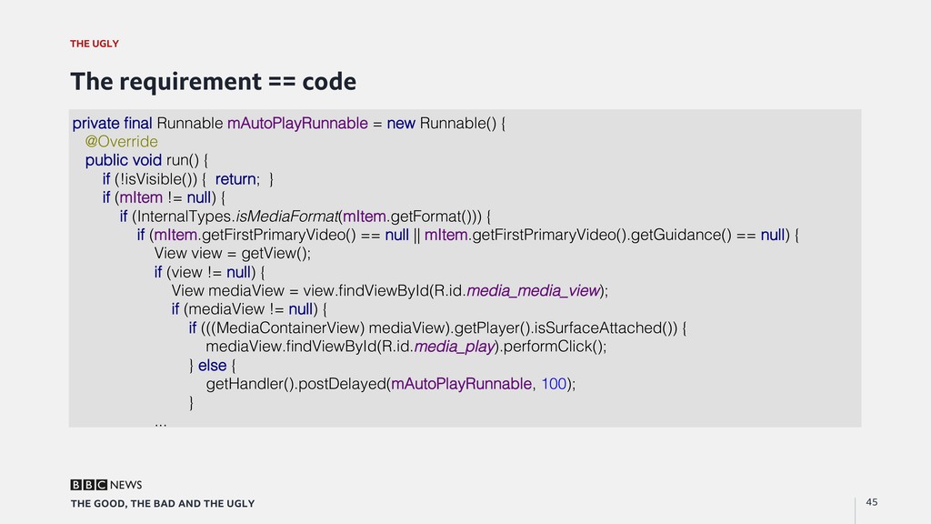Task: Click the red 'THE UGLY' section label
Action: click(x=95, y=44)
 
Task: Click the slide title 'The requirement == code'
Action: click(x=213, y=82)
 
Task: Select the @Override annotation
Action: click(x=121, y=142)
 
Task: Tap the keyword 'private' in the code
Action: click(x=95, y=123)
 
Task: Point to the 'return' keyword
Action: click(x=235, y=179)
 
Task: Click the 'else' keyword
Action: click(x=212, y=365)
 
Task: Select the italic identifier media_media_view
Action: click(x=533, y=291)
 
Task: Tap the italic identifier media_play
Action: click(x=454, y=347)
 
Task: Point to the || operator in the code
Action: click(x=416, y=236)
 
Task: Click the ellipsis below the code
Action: click(x=161, y=422)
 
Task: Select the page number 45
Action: click(x=872, y=502)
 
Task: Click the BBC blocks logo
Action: click(x=88, y=485)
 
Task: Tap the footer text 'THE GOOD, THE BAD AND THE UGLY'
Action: click(x=163, y=504)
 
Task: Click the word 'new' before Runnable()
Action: click(x=401, y=123)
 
